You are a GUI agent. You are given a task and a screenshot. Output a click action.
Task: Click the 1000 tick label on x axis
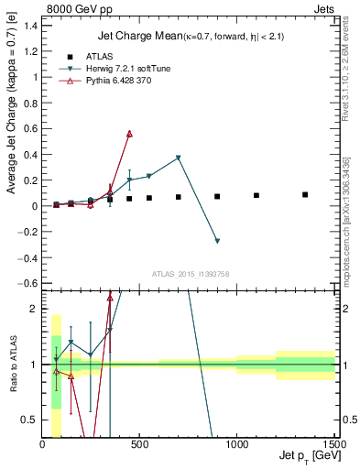[236, 445]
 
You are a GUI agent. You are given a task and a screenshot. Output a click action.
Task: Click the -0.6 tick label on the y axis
[27, 283]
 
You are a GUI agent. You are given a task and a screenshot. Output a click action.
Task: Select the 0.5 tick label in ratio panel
[29, 420]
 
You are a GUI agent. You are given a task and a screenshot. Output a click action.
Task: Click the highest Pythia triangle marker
[129, 134]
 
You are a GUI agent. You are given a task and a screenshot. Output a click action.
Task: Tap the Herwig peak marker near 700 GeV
[179, 158]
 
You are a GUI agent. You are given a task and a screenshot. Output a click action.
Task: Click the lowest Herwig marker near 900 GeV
[217, 241]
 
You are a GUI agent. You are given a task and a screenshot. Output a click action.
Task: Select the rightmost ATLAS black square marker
[305, 194]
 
